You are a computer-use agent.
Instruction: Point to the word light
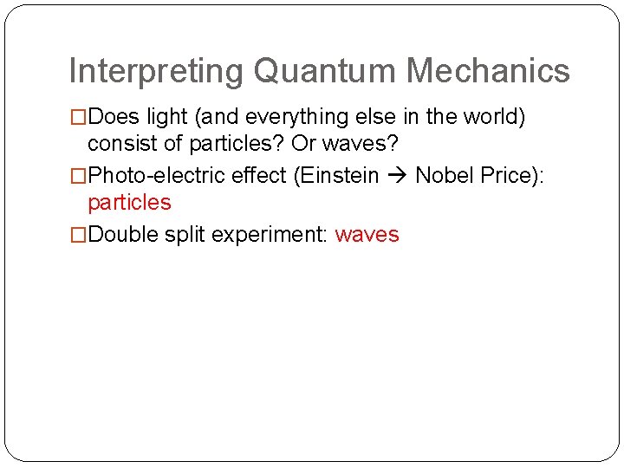coord(164,116)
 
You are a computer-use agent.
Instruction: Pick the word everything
coord(301,116)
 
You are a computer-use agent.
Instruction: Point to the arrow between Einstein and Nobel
coord(398,176)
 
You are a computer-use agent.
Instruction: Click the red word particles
coord(130,203)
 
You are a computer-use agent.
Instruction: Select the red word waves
coord(367,235)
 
